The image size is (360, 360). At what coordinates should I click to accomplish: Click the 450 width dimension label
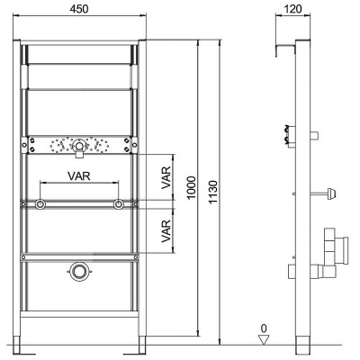(79, 9)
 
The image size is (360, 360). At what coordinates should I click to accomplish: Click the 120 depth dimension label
(292, 9)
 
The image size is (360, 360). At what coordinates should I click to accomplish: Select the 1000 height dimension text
(191, 187)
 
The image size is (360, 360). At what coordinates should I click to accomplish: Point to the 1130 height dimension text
(213, 193)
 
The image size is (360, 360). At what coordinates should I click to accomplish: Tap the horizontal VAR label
(79, 175)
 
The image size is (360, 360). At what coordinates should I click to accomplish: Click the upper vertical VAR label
(166, 177)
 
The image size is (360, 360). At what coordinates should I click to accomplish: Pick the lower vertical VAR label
(166, 231)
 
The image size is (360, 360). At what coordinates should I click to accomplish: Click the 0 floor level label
(264, 328)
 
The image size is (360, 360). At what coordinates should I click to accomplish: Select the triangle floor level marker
(264, 339)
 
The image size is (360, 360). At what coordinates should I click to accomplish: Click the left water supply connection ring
(40, 204)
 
